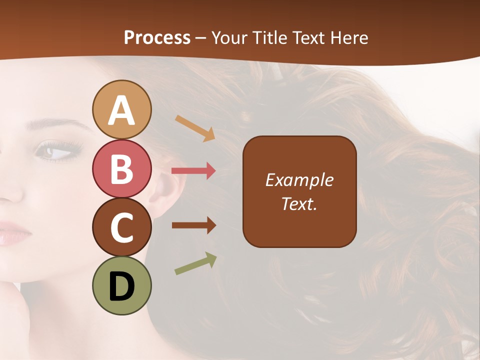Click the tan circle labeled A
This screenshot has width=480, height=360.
[122, 109]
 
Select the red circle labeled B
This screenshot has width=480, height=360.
[122, 168]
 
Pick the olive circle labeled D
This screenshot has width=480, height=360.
[122, 285]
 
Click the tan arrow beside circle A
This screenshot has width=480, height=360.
[194, 127]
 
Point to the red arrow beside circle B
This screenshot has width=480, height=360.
[193, 171]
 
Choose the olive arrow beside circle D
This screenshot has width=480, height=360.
[195, 263]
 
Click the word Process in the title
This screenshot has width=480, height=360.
[157, 37]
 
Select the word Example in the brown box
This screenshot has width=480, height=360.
[299, 180]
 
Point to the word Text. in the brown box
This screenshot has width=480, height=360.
[299, 203]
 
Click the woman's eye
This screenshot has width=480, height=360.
[56, 150]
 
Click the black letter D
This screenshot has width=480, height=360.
[122, 286]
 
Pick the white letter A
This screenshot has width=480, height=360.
[122, 110]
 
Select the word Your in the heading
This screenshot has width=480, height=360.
[230, 37]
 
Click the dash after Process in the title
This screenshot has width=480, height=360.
[201, 38]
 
